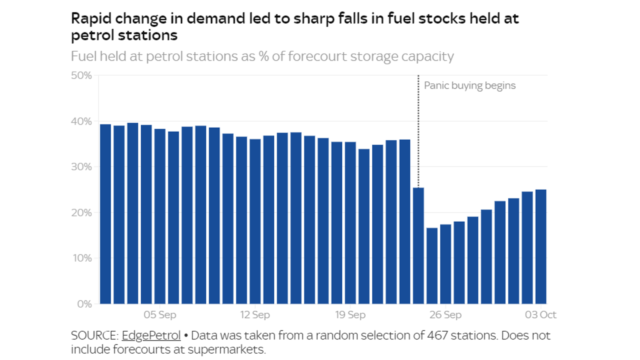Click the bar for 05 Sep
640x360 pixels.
[160, 216]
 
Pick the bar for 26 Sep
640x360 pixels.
[445, 264]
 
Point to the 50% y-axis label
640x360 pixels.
[81, 75]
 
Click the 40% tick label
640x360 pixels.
[81, 121]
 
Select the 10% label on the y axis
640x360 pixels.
[82, 258]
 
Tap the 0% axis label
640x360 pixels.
[84, 304]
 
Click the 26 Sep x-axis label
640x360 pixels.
[445, 315]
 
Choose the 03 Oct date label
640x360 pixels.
[540, 315]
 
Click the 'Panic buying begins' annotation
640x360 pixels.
[470, 86]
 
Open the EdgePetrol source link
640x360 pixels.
[151, 335]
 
